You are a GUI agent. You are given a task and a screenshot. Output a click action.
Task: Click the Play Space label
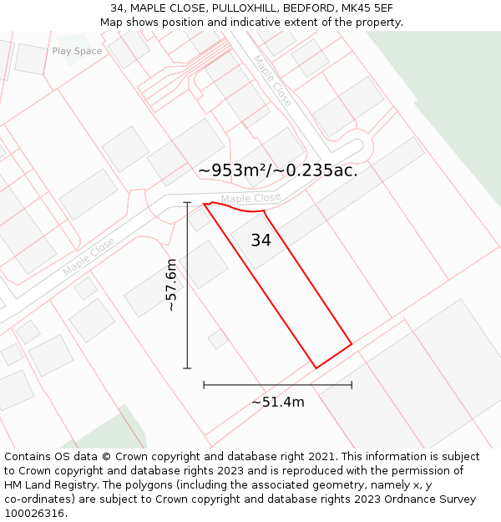(x=77, y=51)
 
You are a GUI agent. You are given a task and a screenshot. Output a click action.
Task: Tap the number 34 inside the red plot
(x=261, y=241)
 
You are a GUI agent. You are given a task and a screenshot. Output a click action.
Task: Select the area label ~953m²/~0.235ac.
(x=278, y=170)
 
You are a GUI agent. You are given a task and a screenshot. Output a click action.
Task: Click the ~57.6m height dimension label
(x=171, y=285)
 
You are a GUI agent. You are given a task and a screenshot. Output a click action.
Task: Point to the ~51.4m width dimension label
(x=278, y=402)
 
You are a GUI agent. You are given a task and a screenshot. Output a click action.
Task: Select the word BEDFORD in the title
(x=303, y=8)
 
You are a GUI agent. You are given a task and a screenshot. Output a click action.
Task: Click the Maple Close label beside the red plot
(x=250, y=198)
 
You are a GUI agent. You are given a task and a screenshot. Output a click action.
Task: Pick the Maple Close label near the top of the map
(x=273, y=80)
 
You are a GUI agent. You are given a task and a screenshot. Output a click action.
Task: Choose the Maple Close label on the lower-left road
(x=89, y=257)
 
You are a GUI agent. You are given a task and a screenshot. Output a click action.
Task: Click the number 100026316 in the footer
(x=34, y=513)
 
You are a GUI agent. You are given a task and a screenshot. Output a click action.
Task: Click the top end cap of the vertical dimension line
(x=187, y=202)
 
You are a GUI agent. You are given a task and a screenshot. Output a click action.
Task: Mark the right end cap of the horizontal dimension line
(x=352, y=385)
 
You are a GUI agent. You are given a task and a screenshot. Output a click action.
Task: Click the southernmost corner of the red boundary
(x=316, y=367)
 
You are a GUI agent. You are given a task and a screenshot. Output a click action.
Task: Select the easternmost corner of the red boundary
(x=352, y=343)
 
